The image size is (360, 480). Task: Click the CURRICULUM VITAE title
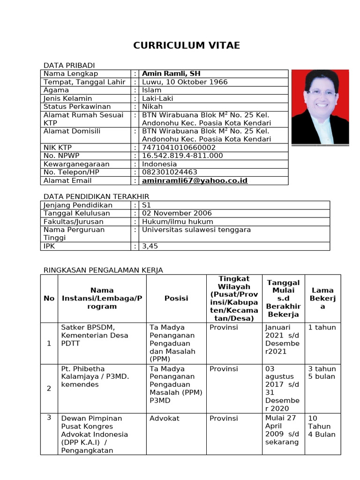[x=187, y=45]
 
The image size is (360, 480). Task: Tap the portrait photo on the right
[x=320, y=107]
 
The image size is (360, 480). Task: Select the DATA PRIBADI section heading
[x=69, y=65]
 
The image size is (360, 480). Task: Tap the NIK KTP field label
[x=58, y=148]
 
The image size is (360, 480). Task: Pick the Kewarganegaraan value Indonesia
[x=159, y=164]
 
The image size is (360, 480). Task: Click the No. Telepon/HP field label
[x=71, y=172]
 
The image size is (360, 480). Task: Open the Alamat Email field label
[x=67, y=180]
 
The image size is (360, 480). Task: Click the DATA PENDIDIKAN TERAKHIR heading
[x=96, y=196]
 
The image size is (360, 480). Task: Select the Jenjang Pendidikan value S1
[x=146, y=205]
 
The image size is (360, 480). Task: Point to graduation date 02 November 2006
[x=177, y=213]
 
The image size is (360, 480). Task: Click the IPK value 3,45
[x=150, y=246]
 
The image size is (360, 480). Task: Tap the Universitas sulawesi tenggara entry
[x=196, y=230]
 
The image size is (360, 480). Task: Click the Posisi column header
[x=176, y=298]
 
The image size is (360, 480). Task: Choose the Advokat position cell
[x=164, y=418]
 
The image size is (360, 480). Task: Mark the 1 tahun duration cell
[x=322, y=327]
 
